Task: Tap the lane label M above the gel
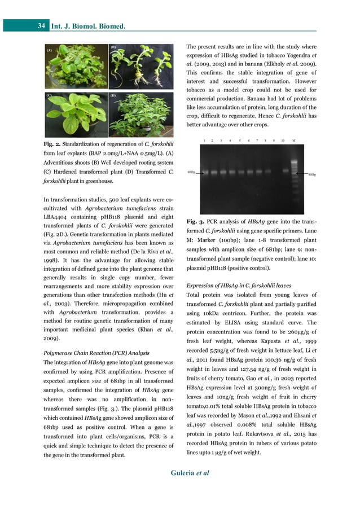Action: [x=293, y=139]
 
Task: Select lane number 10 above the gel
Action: [x=282, y=139]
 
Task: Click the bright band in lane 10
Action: [x=282, y=171]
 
